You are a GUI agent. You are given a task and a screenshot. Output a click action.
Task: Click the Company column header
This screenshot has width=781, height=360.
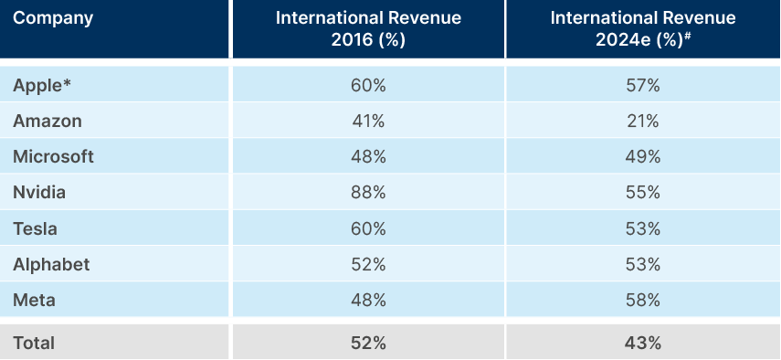53,18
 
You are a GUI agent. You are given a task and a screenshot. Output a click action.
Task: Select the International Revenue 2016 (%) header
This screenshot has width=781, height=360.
368,29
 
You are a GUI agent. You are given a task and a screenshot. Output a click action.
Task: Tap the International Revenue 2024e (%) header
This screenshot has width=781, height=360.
642,29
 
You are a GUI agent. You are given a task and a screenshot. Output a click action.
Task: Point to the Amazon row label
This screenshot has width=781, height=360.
47,121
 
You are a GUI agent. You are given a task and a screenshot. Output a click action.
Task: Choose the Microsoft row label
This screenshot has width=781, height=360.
53,156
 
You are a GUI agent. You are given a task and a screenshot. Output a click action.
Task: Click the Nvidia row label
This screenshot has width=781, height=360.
39,192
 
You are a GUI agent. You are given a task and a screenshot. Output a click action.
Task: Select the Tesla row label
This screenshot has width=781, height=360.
36,228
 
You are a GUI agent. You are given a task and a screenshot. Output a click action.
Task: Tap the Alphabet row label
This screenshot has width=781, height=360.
51,264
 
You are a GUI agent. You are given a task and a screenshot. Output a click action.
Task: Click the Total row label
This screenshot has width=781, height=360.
34,343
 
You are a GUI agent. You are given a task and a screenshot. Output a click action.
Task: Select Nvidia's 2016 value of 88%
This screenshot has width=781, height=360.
368,192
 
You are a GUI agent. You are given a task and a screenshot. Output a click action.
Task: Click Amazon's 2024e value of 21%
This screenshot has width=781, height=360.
642,121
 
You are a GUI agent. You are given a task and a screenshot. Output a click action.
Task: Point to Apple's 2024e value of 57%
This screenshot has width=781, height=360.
642,85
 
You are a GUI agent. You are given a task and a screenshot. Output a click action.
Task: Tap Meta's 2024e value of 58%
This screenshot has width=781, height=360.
642,300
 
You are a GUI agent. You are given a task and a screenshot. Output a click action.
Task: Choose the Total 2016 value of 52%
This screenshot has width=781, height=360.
368,343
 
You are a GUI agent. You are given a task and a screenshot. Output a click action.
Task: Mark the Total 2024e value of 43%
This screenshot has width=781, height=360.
642,343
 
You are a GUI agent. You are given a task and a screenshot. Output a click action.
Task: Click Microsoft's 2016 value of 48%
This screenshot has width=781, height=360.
368,156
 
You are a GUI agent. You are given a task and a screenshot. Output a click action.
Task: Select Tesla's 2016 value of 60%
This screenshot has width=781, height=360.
368,228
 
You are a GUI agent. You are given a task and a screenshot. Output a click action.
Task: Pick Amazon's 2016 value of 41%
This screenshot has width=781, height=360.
368,121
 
